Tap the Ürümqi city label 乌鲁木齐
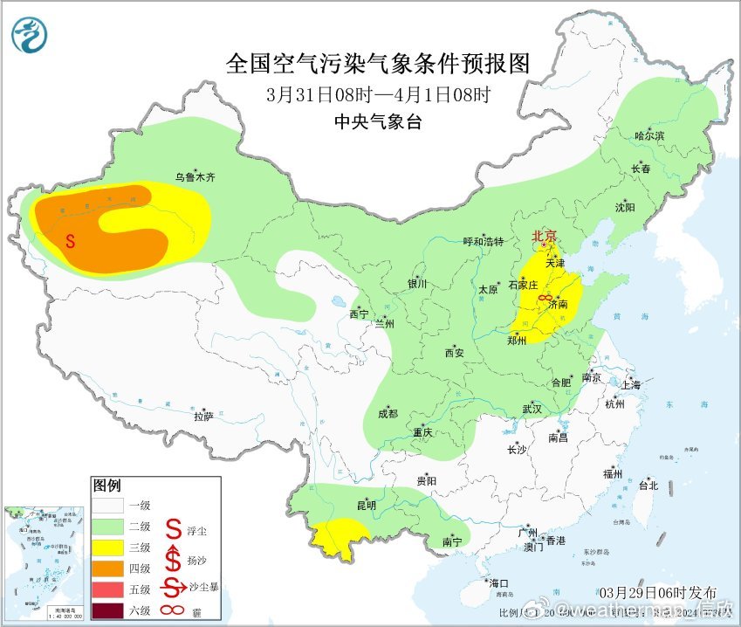(194, 177)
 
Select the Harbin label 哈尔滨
(649, 136)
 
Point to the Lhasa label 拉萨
(203, 417)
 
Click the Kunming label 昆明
(366, 506)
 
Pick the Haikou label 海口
(498, 583)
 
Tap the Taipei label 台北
(648, 486)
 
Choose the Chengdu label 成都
(388, 414)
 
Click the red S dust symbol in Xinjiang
(71, 240)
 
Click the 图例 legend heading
(107, 485)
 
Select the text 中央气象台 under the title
(378, 121)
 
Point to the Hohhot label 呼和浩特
(483, 242)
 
